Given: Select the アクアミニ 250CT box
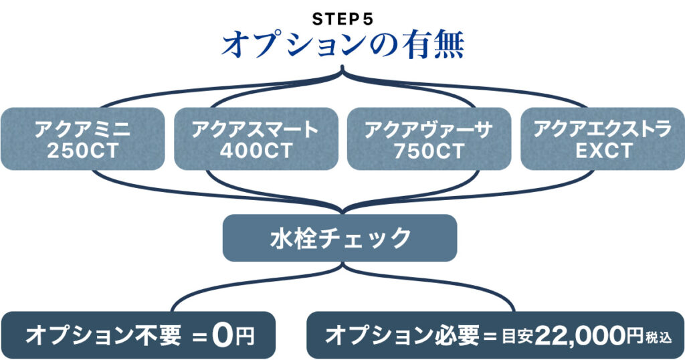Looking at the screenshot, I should (83, 139).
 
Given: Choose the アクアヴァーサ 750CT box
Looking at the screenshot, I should (429, 139).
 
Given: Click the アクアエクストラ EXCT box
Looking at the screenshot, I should (602, 139).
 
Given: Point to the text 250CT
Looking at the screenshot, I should (83, 151).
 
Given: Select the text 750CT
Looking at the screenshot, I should (429, 151).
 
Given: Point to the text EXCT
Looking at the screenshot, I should (602, 151).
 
